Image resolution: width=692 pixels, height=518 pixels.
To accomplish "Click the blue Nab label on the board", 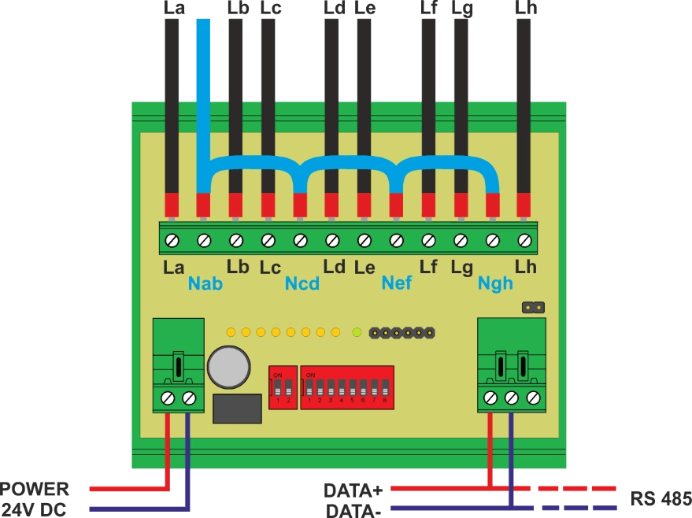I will coord(205,283).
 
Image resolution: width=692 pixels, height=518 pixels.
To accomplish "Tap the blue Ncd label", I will coord(302,283).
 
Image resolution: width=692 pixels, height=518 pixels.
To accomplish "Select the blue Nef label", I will coord(396,283).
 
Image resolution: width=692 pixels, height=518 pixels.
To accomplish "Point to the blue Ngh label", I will coord(494,283).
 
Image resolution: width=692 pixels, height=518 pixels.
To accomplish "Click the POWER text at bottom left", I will coord(35,489).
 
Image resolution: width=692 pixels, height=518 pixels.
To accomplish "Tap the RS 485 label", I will coord(660,498).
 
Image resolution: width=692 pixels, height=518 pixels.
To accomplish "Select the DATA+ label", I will coord(353,490).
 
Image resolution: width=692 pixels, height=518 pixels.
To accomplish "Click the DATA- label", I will coord(353,509).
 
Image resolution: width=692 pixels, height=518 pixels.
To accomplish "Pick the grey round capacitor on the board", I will coord(229,367).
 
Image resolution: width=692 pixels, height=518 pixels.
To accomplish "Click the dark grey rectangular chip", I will coord(237,409).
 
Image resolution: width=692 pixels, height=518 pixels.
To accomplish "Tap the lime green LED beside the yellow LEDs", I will coord(357,332).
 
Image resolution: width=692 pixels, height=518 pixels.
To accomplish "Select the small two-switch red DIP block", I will coord(282,387).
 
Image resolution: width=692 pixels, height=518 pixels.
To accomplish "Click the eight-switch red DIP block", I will coord(347,387).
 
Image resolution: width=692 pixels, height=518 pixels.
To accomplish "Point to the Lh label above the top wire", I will coord(525,9).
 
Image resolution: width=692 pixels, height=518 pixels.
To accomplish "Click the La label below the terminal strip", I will coord(173,268).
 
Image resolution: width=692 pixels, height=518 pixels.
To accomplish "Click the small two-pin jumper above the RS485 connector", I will coord(533,306).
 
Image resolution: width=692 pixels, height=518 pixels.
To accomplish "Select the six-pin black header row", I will coord(402,332).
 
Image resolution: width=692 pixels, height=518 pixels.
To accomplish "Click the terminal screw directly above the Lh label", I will coord(524,239).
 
